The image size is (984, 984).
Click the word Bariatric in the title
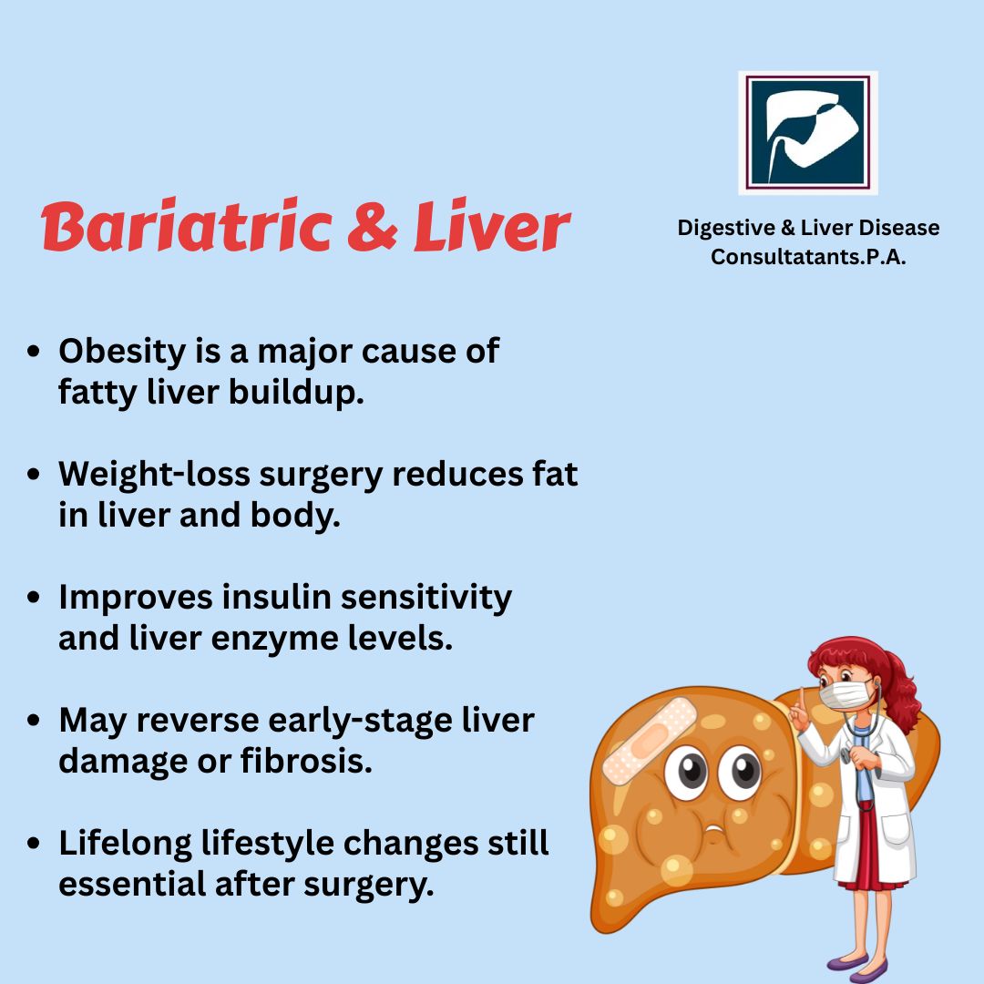187,225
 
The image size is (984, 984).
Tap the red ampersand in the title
372,226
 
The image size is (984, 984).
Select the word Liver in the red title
491,225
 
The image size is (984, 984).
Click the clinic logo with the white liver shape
807,132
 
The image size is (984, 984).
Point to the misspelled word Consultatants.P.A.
808,257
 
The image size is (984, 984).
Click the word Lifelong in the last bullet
125,844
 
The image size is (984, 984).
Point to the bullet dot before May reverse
34,720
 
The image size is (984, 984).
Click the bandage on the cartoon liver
650,741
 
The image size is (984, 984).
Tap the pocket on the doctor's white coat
897,829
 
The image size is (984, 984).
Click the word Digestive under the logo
726,229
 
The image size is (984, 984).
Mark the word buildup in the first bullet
296,393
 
